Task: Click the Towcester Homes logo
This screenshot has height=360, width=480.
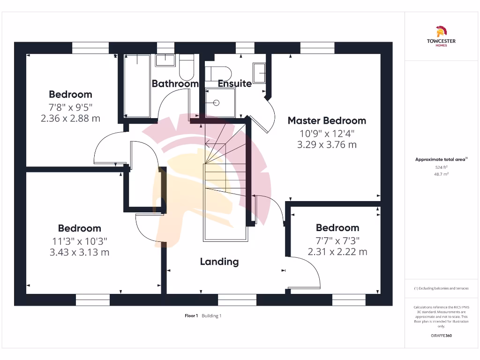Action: [x=441, y=37]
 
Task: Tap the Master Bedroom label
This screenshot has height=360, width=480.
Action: [x=327, y=120]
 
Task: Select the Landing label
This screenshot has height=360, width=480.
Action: [x=219, y=262]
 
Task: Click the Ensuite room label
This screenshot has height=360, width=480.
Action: [x=235, y=84]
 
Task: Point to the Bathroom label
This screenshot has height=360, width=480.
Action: [x=175, y=84]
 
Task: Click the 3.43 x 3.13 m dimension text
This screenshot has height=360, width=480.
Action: [x=80, y=252]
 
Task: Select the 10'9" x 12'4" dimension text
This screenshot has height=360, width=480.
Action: [x=327, y=133]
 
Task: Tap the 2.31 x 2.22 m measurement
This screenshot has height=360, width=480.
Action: [x=337, y=252]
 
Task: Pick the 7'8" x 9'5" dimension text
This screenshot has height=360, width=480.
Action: [x=71, y=106]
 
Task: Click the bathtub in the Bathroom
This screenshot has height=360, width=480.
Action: [x=136, y=85]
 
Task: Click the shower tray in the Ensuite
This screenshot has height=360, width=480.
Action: [x=218, y=102]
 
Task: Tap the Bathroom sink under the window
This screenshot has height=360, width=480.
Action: [x=165, y=60]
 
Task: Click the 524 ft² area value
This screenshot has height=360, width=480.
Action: [x=441, y=167]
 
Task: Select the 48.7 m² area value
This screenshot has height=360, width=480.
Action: [x=441, y=173]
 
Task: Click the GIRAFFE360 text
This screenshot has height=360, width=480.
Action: [x=441, y=336]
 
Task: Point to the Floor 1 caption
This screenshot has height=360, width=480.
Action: [x=191, y=316]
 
